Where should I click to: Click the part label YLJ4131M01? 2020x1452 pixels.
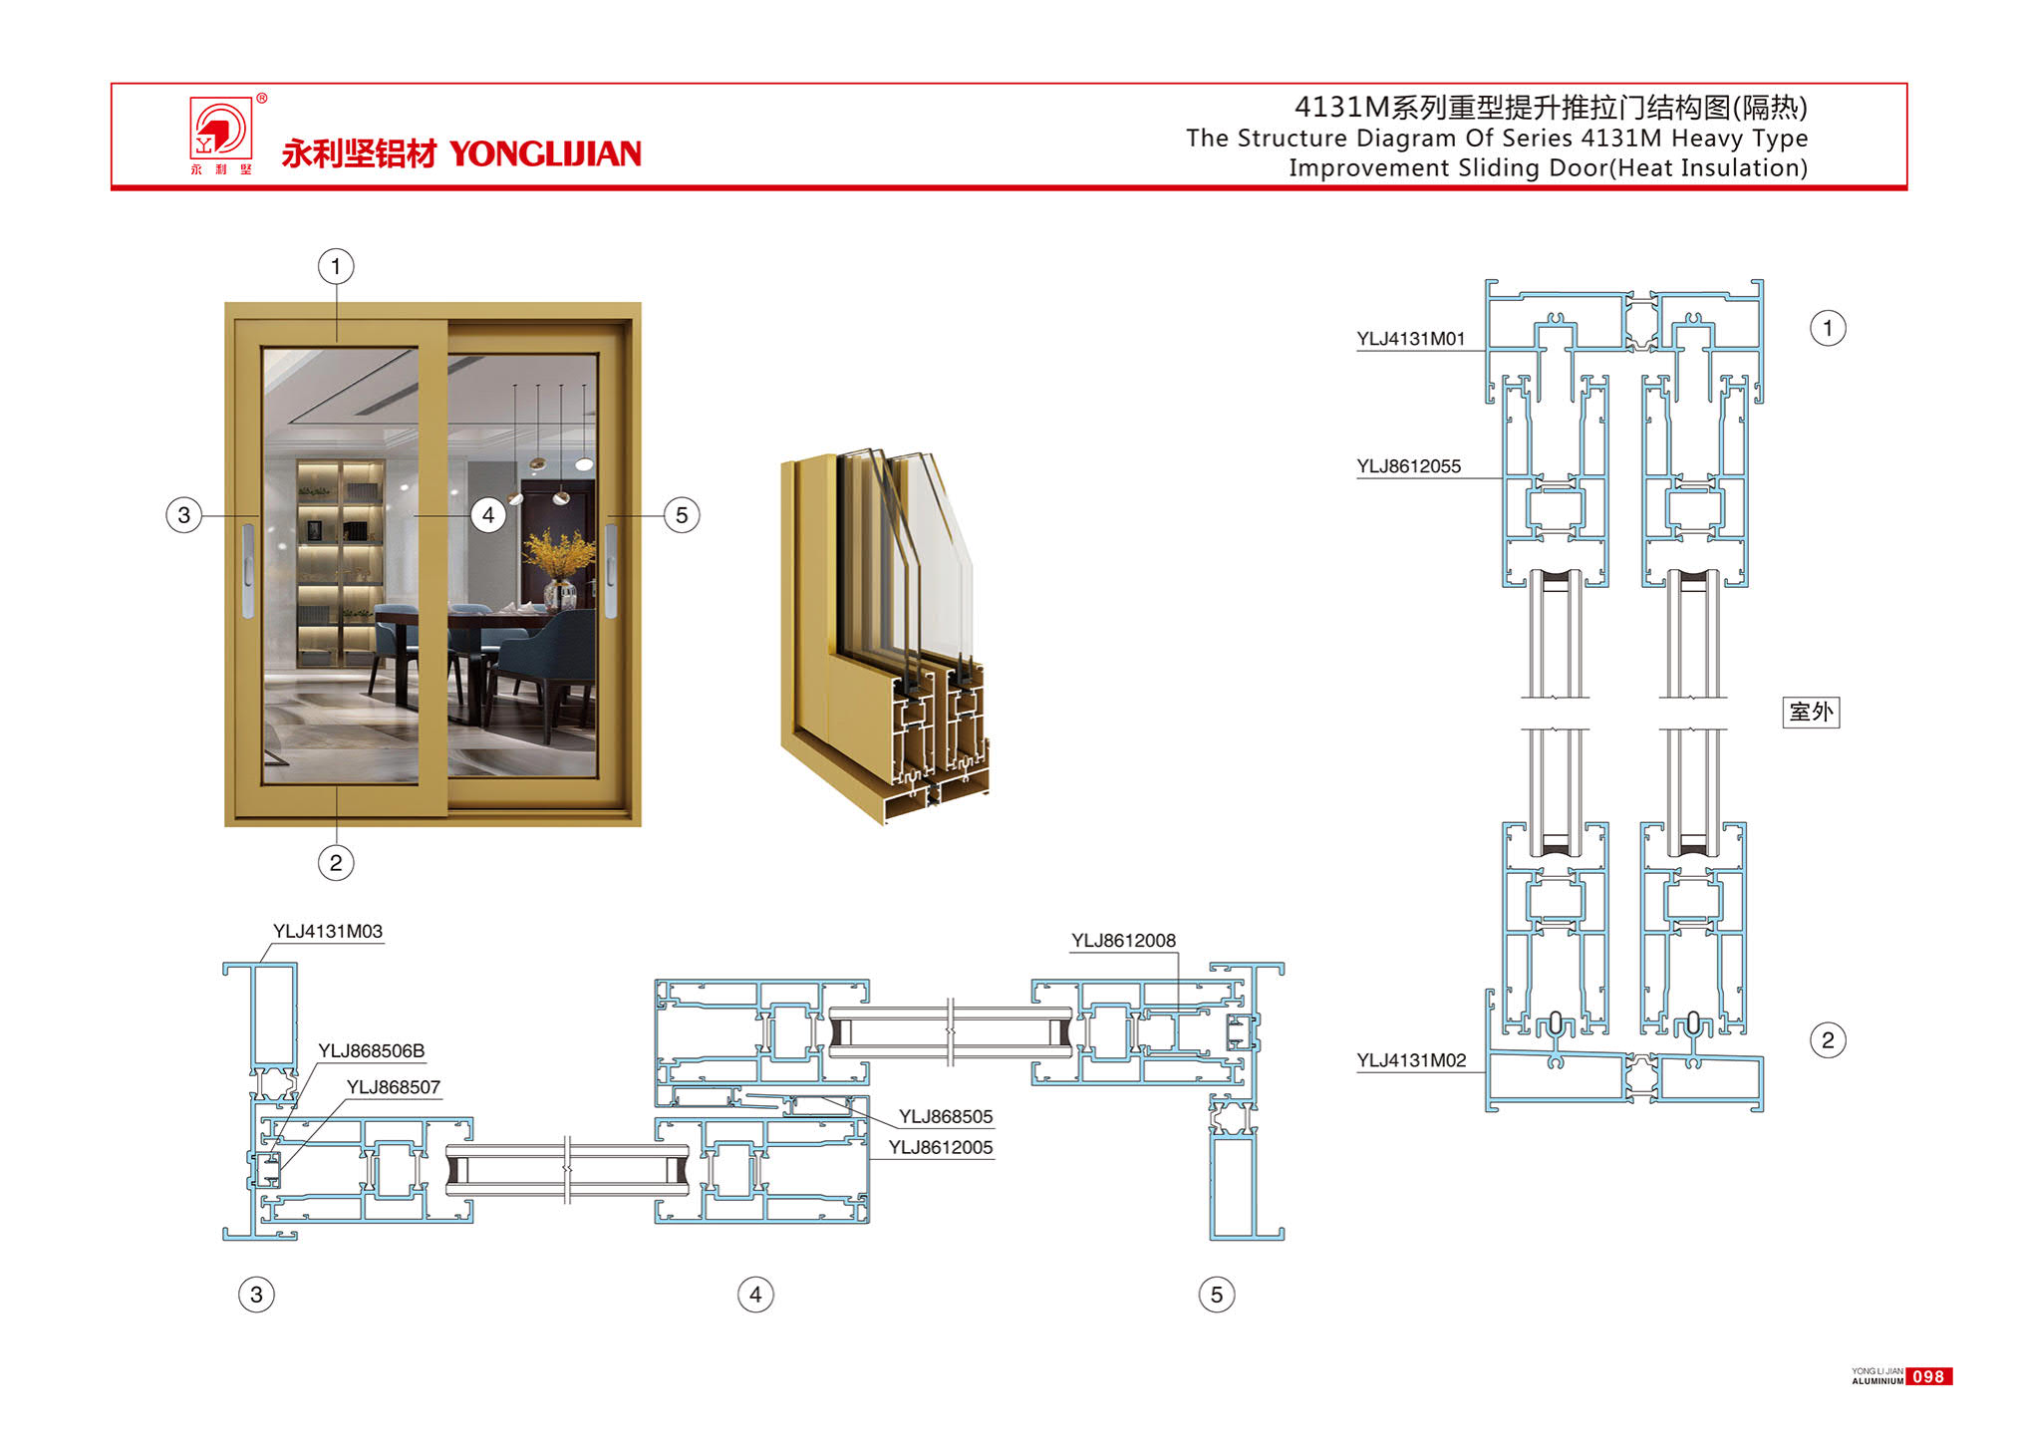click(1410, 339)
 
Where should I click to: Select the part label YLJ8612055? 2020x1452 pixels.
click(1408, 466)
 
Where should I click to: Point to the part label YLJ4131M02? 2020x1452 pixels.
click(1411, 1060)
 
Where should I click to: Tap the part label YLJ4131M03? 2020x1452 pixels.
click(328, 932)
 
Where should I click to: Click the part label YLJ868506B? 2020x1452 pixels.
click(371, 1051)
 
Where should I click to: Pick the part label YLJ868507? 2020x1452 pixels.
click(393, 1087)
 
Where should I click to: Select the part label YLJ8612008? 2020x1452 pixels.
click(1123, 941)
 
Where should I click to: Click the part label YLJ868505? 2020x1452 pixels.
click(946, 1117)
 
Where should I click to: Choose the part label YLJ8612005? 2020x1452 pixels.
click(941, 1148)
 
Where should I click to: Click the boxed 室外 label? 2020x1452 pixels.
click(1811, 712)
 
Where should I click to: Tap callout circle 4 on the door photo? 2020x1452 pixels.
click(488, 515)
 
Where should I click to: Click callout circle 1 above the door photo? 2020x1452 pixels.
click(336, 266)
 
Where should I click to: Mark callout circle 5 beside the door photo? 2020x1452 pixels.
click(682, 515)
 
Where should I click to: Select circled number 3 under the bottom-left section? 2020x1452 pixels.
click(256, 1295)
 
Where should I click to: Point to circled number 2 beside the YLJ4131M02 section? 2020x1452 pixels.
click(1828, 1040)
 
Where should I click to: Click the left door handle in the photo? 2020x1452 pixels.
click(248, 570)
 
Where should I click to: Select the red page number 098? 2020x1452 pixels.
click(1928, 1376)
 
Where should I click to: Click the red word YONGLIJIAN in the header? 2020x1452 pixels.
click(545, 153)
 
